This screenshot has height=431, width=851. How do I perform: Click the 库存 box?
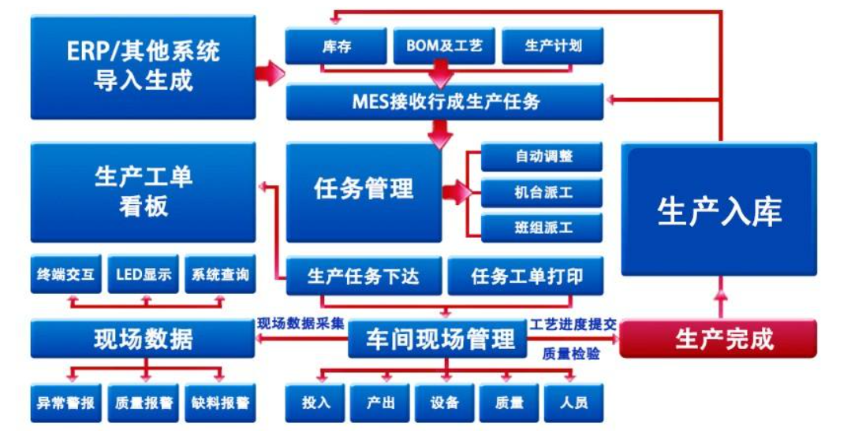click(335, 46)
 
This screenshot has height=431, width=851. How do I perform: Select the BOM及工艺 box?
click(444, 46)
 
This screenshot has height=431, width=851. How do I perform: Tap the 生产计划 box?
click(552, 46)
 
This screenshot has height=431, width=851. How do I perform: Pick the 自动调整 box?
click(542, 157)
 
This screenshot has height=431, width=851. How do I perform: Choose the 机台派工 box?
click(542, 192)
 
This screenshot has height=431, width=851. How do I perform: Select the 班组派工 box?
click(542, 229)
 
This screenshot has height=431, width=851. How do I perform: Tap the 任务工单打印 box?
click(526, 277)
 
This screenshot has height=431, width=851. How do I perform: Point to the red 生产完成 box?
click(718, 339)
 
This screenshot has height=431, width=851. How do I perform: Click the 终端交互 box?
click(65, 275)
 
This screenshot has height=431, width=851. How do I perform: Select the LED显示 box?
click(143, 275)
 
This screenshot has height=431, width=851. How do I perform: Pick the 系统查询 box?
click(219, 275)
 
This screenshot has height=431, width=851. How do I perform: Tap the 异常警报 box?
click(65, 403)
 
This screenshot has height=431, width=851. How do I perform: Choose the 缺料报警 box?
click(219, 403)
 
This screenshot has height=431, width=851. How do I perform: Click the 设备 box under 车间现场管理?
click(444, 403)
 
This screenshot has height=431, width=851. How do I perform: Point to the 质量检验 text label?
click(570, 355)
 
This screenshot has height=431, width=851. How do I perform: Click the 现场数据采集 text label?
click(300, 323)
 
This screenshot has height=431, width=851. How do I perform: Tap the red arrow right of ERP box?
click(271, 73)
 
